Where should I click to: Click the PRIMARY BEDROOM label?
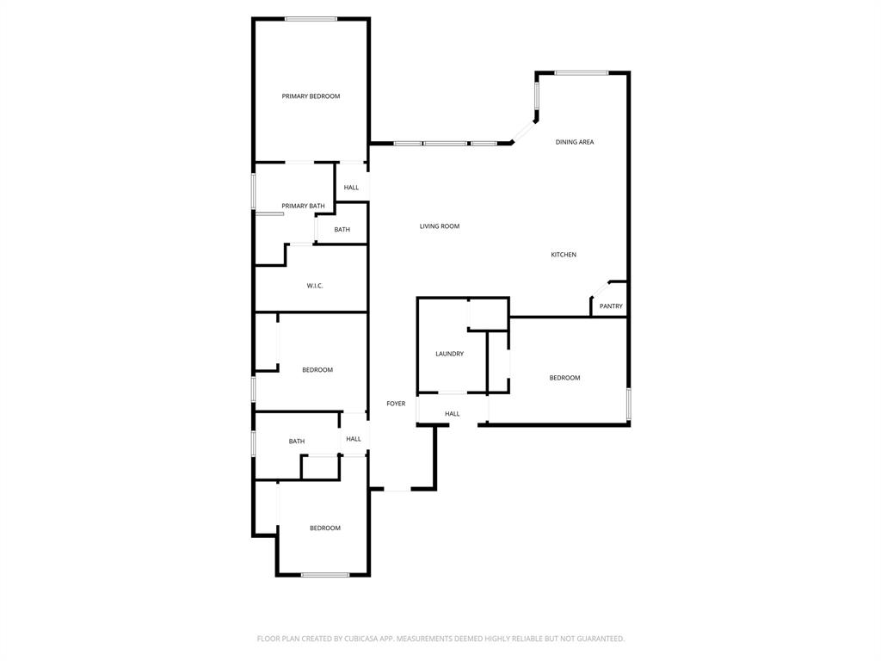(x=311, y=96)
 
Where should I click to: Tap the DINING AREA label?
(x=574, y=142)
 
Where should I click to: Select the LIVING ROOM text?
(x=439, y=226)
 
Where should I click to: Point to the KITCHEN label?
(x=564, y=255)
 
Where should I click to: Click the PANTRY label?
(x=611, y=306)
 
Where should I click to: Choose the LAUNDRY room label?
(x=449, y=354)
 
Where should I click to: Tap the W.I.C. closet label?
(x=315, y=286)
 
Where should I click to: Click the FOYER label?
(x=396, y=404)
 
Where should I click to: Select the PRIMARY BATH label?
(x=303, y=206)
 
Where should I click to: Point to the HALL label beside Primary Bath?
(x=351, y=188)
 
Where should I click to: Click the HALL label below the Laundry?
(x=452, y=414)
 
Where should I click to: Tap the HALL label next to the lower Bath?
(x=354, y=439)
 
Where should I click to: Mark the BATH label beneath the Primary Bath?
(x=342, y=230)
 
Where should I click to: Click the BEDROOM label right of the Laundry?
(x=564, y=378)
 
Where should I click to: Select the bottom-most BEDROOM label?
(x=325, y=528)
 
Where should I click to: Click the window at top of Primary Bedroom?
(x=311, y=19)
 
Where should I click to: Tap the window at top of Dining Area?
(x=582, y=73)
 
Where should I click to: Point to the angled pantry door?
(x=599, y=289)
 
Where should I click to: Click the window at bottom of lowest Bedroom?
(x=324, y=574)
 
